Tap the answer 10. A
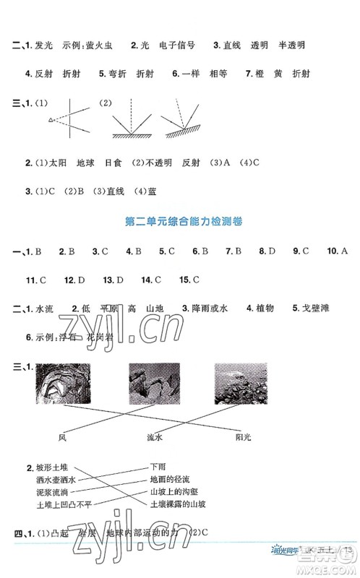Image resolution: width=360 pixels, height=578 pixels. point(337,251)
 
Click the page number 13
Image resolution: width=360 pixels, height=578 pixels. point(348,552)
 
